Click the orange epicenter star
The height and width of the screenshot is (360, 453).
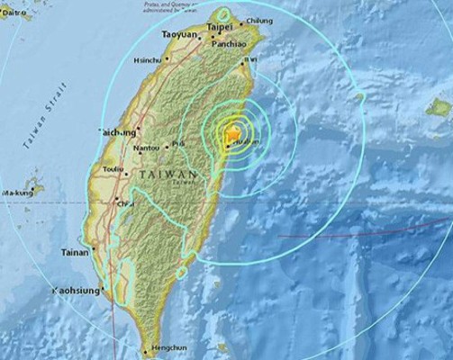coord(233,135)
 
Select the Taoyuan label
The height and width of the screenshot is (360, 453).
coord(180,33)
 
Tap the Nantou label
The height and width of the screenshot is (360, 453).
coord(146,147)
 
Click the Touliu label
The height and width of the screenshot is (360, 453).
coord(114,168)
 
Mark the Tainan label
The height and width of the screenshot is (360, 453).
coord(75,253)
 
